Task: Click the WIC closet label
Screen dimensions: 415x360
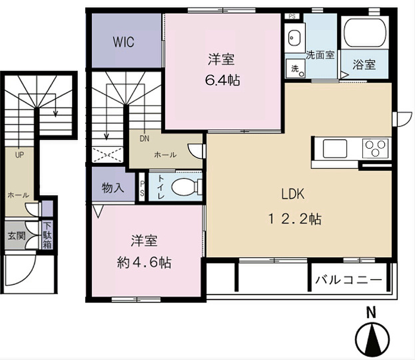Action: tap(124, 42)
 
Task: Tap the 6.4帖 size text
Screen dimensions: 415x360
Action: tap(222, 80)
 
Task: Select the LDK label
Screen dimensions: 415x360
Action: tap(293, 194)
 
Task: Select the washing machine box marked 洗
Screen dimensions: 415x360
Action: tap(295, 69)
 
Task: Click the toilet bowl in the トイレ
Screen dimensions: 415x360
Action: tap(185, 187)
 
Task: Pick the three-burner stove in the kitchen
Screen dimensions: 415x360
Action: tap(375, 148)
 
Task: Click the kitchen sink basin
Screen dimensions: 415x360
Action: tap(335, 148)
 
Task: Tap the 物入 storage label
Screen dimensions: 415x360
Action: tap(113, 188)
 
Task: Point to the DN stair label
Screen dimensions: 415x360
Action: tap(144, 138)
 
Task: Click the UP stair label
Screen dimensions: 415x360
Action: tap(19, 155)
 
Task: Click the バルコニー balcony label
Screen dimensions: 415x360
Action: tap(348, 280)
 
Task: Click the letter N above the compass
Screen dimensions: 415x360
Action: tap(371, 313)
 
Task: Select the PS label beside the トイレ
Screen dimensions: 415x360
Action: tap(142, 188)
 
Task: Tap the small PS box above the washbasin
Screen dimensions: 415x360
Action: tap(292, 16)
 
